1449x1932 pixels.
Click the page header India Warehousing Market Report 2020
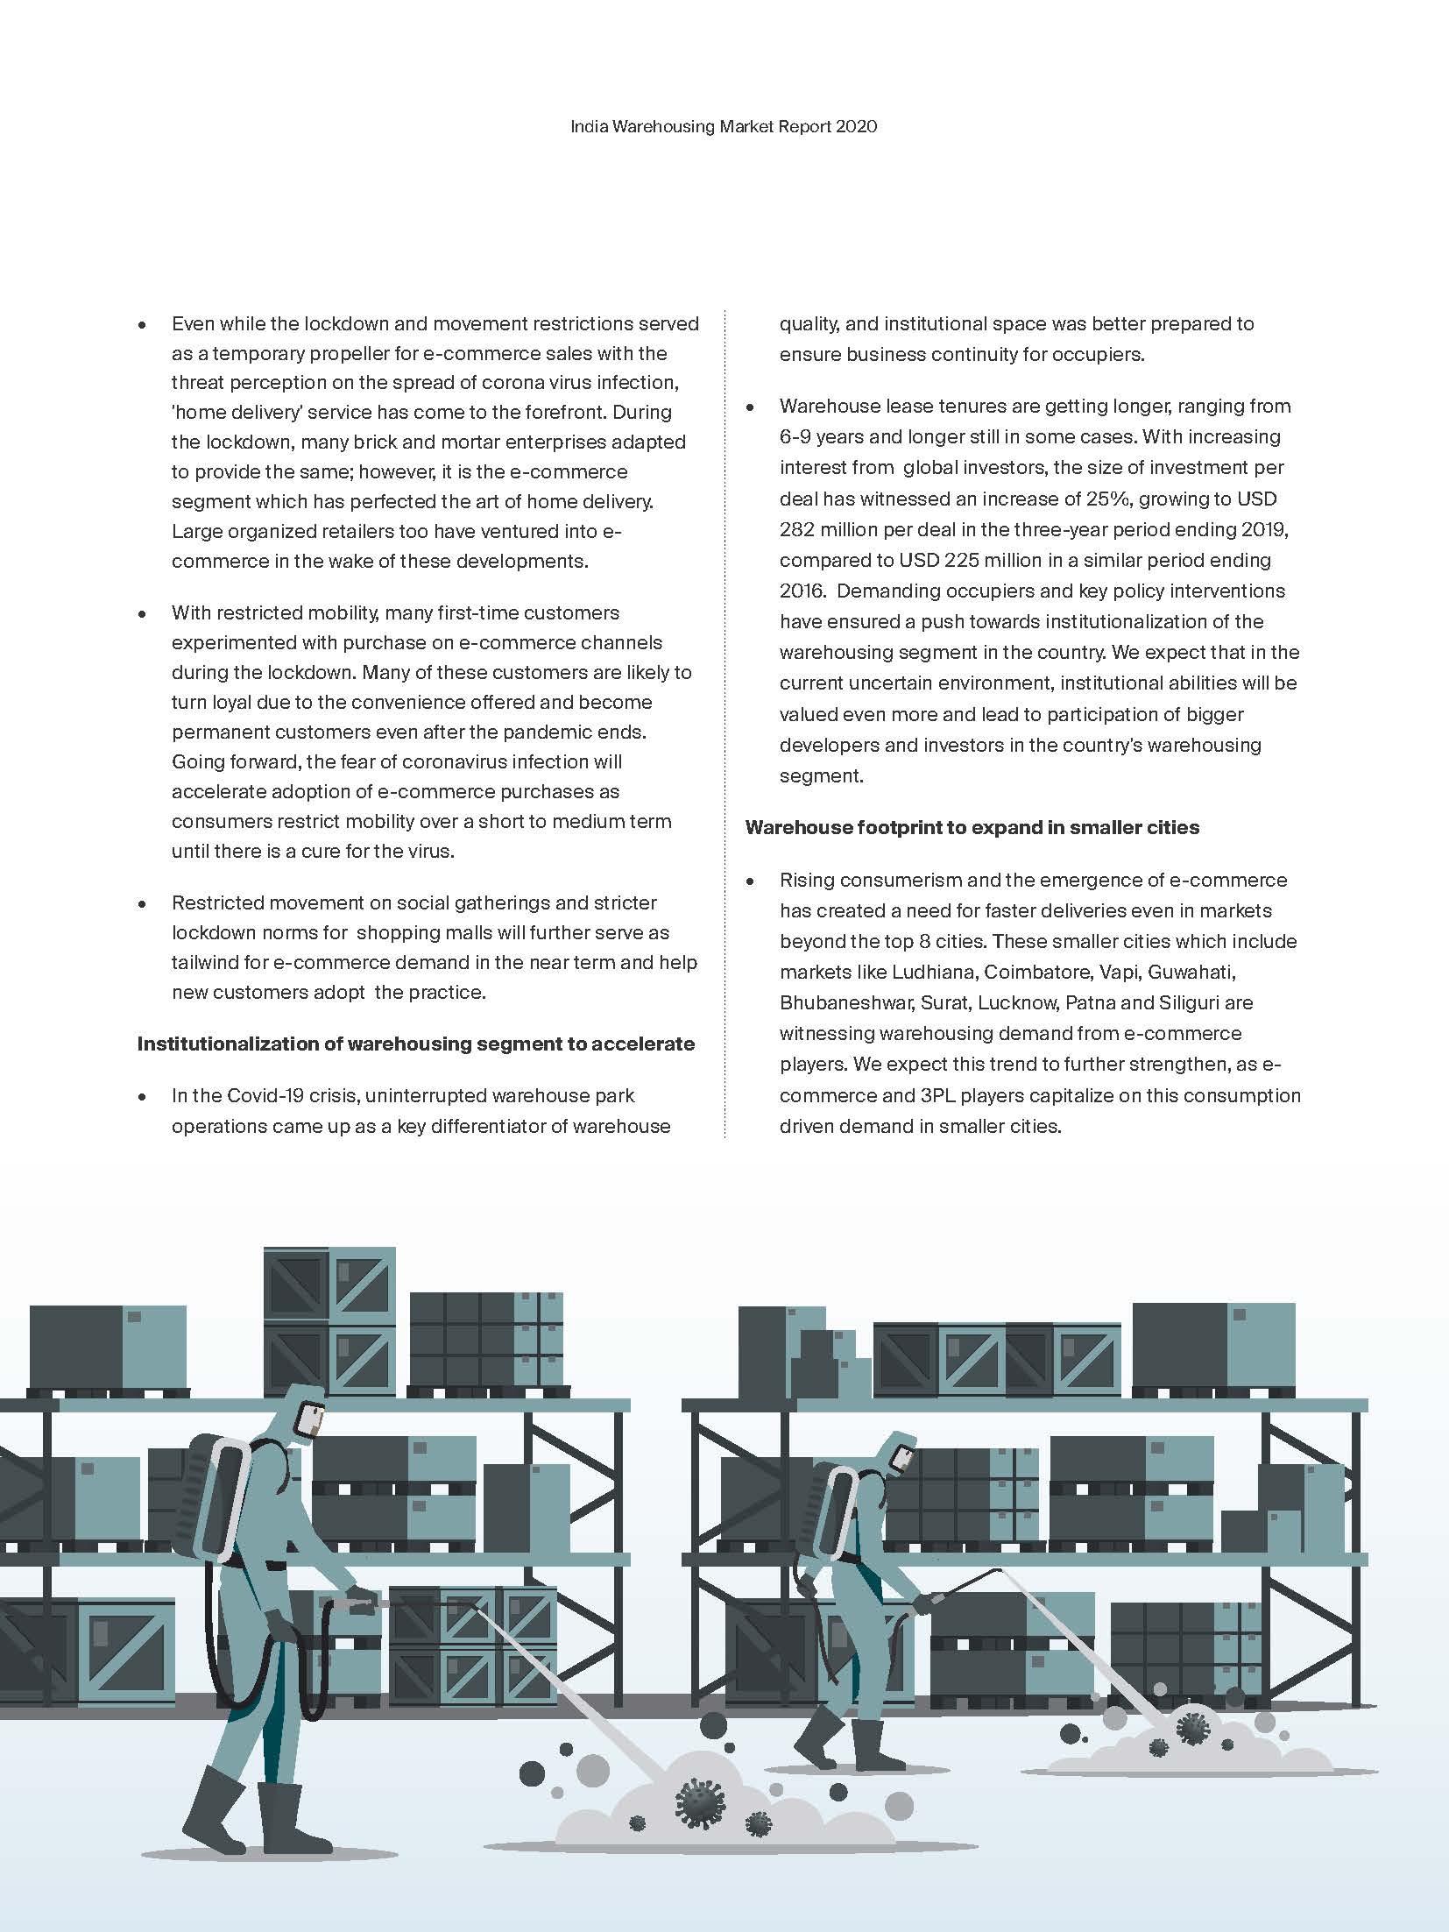click(724, 127)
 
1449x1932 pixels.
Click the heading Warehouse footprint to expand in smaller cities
click(972, 828)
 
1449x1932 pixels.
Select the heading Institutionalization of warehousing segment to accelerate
click(415, 1044)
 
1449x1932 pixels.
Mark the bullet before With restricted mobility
click(142, 614)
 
